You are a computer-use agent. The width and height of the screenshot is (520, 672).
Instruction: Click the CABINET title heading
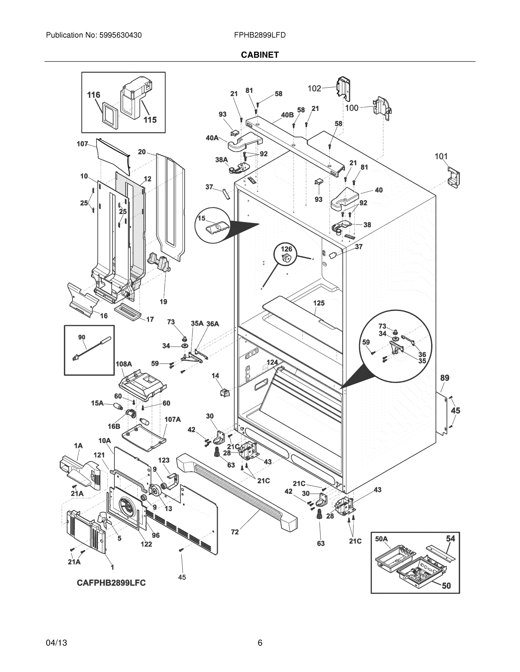click(260, 55)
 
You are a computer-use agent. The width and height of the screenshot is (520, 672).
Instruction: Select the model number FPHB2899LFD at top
click(260, 35)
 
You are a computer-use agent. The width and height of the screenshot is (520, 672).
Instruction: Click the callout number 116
click(94, 95)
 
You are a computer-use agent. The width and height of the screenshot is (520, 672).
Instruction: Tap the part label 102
click(315, 88)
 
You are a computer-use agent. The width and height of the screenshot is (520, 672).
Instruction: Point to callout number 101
click(441, 156)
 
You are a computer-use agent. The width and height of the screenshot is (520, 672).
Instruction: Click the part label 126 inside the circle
click(286, 249)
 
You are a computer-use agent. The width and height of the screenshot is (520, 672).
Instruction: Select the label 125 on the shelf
click(319, 303)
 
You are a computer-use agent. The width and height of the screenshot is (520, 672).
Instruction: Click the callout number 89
click(445, 377)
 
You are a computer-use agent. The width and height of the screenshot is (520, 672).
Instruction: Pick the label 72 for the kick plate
click(235, 532)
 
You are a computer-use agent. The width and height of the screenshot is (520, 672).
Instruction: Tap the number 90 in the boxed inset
click(82, 337)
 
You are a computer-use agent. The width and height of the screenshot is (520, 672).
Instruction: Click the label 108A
click(124, 364)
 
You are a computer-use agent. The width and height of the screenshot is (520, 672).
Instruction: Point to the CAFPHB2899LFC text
click(111, 583)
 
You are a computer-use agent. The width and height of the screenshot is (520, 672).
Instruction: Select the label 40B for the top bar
click(287, 115)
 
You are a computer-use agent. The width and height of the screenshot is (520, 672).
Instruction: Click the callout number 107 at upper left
click(82, 144)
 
